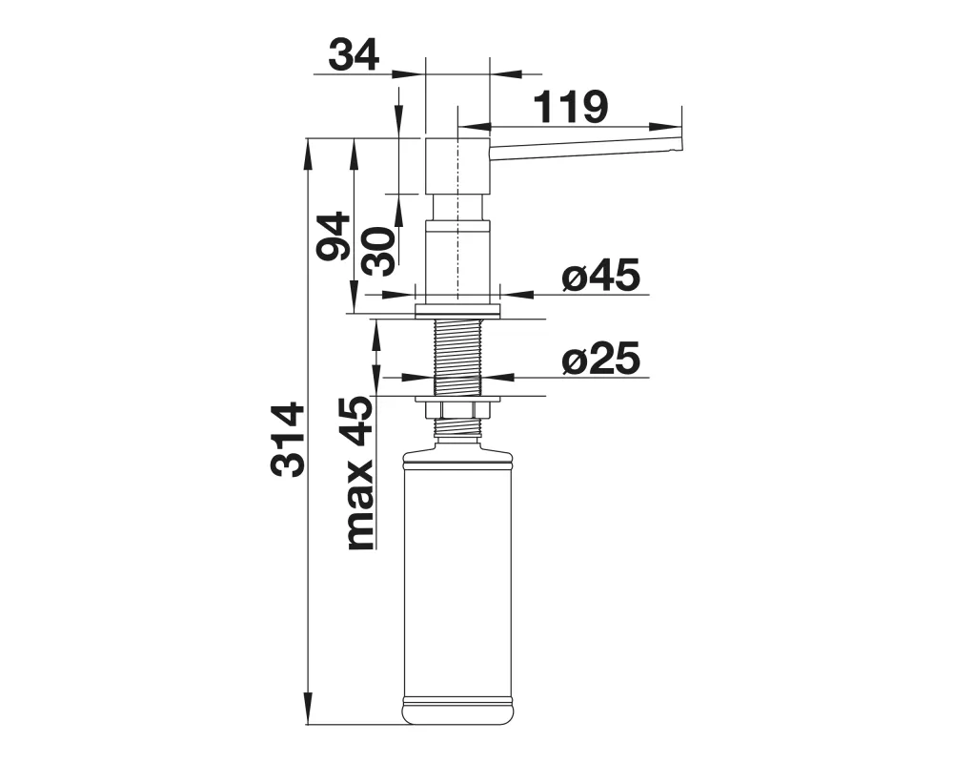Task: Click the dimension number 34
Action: point(354,54)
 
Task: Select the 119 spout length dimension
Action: point(570,107)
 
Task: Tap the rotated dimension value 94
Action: point(333,237)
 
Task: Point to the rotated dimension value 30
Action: point(378,251)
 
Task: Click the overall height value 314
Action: point(288,439)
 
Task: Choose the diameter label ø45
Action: point(600,275)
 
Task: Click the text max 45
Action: point(358,473)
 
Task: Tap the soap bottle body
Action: point(457,584)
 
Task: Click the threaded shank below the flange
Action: point(457,357)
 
